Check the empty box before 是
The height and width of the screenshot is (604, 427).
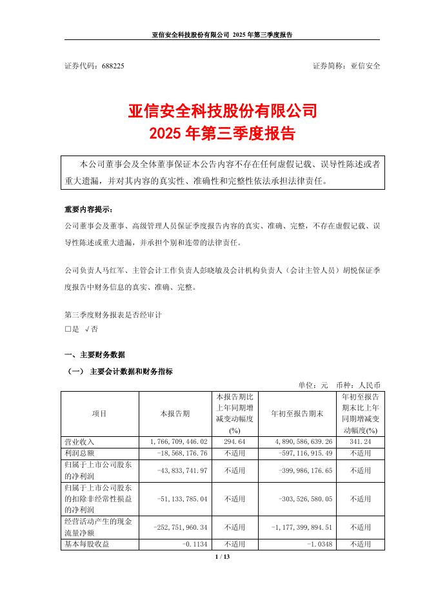tap(68, 329)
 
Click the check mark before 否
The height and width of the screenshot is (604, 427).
tap(87, 329)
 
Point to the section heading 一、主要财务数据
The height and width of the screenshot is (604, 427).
tap(95, 355)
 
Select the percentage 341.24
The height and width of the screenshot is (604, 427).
tap(361, 442)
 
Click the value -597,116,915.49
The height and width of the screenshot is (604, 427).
tap(302, 454)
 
